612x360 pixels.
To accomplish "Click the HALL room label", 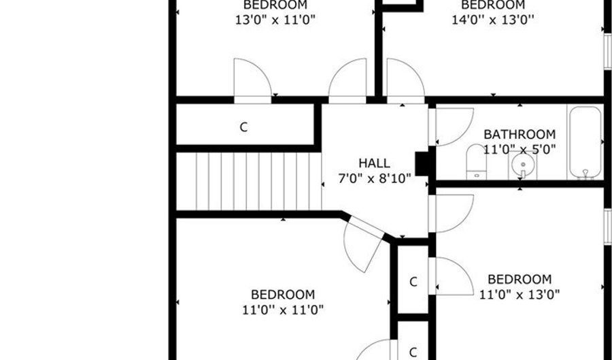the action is pos(374,163).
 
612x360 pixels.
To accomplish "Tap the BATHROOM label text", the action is pos(520,134).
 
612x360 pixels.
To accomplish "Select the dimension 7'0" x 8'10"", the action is pos(374,179).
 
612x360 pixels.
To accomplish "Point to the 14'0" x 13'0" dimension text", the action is pos(492,20).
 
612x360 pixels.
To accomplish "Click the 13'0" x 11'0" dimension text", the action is pos(275,20).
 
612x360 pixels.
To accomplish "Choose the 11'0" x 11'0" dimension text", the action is pos(283,310).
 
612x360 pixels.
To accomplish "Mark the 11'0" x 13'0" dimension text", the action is pos(520,295).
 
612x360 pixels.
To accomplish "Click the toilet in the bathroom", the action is pos(477,162).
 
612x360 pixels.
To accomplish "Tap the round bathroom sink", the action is pos(523,165).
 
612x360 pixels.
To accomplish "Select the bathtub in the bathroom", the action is pos(585,142).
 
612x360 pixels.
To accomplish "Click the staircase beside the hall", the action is pos(249,182).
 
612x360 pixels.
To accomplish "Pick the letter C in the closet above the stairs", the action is pos(243,127).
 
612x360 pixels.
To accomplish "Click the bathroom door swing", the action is pos(453,127).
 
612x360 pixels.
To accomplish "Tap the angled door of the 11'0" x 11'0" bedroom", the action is pos(363,244).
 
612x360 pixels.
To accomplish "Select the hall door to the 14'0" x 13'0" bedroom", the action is pos(405,81).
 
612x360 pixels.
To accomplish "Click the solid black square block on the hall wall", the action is pos(422,164).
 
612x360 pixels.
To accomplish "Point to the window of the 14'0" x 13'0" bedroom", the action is pos(608,52).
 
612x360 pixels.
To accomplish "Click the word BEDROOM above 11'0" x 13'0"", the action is pos(520,280).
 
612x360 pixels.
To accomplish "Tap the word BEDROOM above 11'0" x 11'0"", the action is pos(283,295).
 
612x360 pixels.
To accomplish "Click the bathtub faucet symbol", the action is pos(585,174).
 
